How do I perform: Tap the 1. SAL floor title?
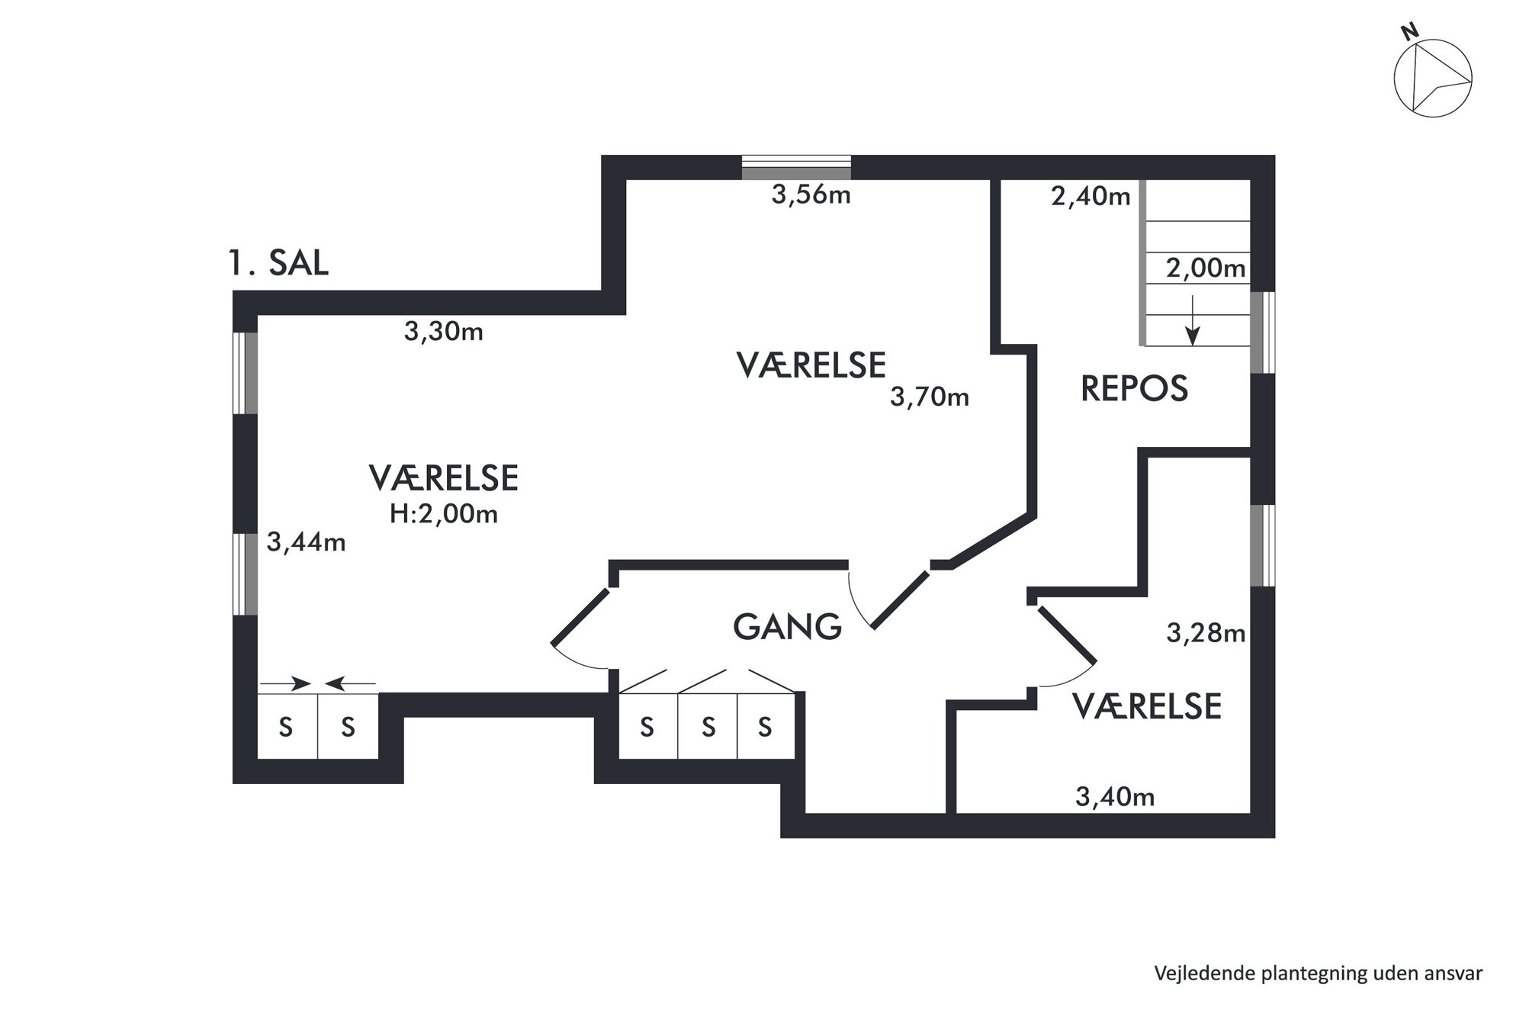click(x=278, y=263)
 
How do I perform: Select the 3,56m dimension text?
click(x=811, y=195)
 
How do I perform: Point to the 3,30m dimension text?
click(x=443, y=332)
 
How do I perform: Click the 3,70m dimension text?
click(x=930, y=397)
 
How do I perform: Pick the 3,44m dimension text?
click(x=306, y=542)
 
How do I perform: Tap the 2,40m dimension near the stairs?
click(x=1091, y=197)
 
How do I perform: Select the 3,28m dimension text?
click(x=1206, y=633)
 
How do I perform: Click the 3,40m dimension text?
click(x=1115, y=798)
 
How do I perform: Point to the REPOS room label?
click(x=1134, y=389)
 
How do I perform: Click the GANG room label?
click(x=787, y=627)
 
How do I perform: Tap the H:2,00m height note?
click(x=444, y=514)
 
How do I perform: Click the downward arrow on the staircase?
click(x=1193, y=320)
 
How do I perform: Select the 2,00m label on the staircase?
click(x=1206, y=268)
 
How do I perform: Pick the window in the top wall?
click(x=796, y=167)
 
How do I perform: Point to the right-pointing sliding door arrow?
click(x=285, y=683)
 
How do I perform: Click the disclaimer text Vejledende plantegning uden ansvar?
click(x=1319, y=974)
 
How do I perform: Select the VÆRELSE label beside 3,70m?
click(x=811, y=365)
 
